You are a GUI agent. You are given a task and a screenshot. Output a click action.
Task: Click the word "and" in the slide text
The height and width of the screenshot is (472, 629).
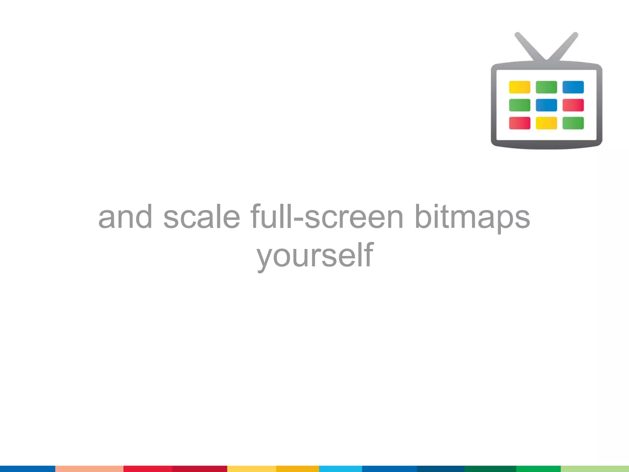[x=125, y=217]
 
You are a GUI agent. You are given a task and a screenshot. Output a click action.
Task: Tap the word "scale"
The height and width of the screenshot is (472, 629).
[x=201, y=217]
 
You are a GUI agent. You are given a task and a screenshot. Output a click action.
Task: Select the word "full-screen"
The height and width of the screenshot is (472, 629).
[x=327, y=217]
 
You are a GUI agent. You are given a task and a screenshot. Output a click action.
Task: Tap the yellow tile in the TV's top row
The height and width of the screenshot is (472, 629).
[x=519, y=87]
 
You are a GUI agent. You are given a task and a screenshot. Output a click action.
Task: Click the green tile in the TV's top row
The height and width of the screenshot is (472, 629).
[x=546, y=87]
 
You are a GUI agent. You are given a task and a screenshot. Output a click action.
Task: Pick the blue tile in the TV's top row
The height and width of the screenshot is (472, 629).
[x=573, y=87]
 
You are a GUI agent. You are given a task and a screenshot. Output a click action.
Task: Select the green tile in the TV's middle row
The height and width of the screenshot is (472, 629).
[x=519, y=105]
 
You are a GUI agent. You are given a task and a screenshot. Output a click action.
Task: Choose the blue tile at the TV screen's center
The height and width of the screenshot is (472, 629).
[x=546, y=105]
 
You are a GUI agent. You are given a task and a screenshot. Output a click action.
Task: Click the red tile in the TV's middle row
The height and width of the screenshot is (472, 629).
[x=573, y=105]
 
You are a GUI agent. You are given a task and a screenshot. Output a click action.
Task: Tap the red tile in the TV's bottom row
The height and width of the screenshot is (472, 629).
[x=519, y=123]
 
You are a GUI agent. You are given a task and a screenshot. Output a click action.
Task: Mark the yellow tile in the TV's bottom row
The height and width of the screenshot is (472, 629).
[x=546, y=123]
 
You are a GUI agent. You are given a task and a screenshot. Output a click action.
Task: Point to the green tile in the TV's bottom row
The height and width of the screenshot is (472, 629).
[x=573, y=123]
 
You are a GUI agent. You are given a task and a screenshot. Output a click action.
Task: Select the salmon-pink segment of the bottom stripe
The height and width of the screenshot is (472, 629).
[x=89, y=469]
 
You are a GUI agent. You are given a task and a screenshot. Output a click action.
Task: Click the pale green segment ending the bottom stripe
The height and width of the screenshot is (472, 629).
[x=595, y=469]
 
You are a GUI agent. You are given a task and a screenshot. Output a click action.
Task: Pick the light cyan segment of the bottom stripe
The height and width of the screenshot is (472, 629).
[x=340, y=469]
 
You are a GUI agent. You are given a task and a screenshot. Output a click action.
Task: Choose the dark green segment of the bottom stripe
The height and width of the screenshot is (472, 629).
[x=490, y=469]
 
